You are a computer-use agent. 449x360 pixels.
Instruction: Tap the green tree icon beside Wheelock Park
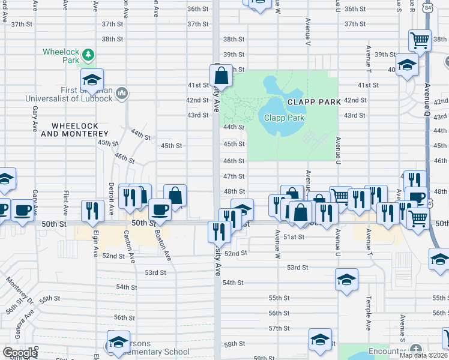[89, 55]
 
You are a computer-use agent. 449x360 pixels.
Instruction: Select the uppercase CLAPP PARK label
[314, 102]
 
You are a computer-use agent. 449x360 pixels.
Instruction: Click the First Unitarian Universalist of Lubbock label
[70, 94]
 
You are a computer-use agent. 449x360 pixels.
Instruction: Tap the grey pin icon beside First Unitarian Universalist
[122, 93]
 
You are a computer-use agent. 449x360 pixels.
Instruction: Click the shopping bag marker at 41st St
[221, 76]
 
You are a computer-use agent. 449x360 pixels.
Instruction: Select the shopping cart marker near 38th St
[420, 41]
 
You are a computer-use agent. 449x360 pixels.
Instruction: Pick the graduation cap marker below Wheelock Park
[92, 79]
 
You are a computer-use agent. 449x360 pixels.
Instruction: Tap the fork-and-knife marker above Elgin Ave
[92, 210]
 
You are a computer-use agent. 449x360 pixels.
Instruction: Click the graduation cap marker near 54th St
[347, 280]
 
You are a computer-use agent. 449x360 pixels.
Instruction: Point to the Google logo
[19, 353]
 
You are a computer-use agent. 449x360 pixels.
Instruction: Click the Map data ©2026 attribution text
[423, 355]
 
